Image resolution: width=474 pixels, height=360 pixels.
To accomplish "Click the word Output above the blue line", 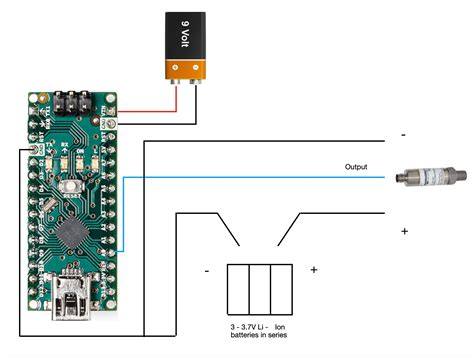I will tap(356, 166).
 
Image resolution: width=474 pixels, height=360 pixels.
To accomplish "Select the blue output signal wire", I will tap(250, 177).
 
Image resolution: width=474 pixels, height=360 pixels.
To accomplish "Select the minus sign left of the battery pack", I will tap(206, 270).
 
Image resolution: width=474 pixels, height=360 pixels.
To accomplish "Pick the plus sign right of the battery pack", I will tap(313, 270).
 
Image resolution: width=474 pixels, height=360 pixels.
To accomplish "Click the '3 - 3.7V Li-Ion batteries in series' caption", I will tap(261, 333).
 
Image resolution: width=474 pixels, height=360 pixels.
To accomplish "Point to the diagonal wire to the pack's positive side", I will tap(287, 229).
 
